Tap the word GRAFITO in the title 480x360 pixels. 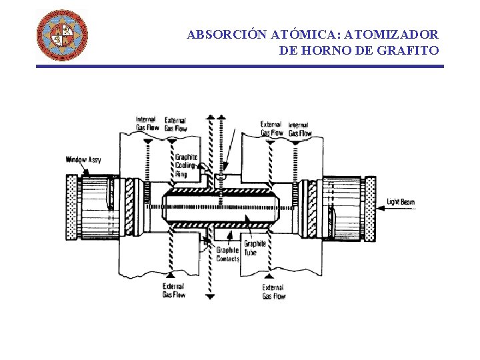coord(411,50)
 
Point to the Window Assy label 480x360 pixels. coord(83,160)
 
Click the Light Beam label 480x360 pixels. coord(401,202)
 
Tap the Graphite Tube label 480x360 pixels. coord(254,248)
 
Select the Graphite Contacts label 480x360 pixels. coord(227,254)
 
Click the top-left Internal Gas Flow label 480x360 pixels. coord(147,123)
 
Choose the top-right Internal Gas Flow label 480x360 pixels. coord(299,129)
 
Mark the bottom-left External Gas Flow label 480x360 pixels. coord(174,291)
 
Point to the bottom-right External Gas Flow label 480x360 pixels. coord(274,292)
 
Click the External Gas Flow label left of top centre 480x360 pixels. coord(175,124)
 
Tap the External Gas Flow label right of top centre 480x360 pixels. coord(271,128)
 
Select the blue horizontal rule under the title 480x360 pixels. coord(239,66)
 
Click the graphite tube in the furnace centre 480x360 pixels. coord(220,205)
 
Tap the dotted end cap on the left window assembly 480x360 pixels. coord(71,207)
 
